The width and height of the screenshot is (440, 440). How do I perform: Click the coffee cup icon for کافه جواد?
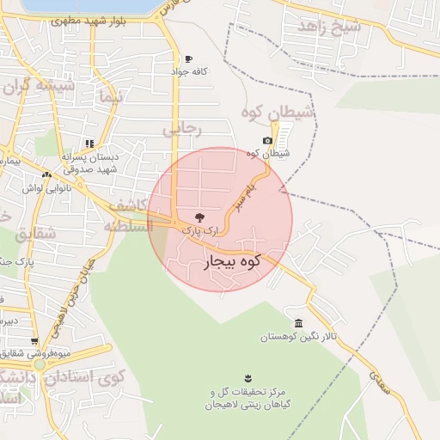pyautogui.click(x=187, y=59)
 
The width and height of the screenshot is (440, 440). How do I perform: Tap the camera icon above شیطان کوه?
pyautogui.click(x=267, y=140)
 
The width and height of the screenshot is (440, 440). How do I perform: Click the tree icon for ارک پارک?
pyautogui.click(x=199, y=217)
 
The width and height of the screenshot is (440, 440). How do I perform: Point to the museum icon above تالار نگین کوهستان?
pyautogui.click(x=298, y=323)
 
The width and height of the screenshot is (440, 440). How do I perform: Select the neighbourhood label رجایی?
pyautogui.click(x=182, y=129)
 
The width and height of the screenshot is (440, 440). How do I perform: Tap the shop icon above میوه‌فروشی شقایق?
pyautogui.click(x=35, y=340)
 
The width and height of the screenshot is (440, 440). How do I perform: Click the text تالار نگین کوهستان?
pyautogui.click(x=298, y=337)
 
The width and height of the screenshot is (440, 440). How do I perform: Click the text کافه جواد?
pyautogui.click(x=188, y=73)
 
